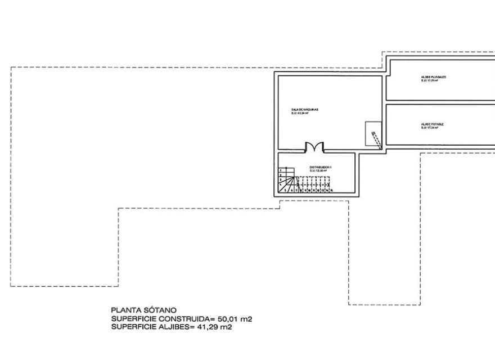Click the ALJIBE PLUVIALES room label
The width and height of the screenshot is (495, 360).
[433, 76]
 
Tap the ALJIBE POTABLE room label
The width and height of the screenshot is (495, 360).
[431, 124]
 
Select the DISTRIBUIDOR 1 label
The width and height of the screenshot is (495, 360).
[321, 167]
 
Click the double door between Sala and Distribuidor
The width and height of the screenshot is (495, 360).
[314, 148]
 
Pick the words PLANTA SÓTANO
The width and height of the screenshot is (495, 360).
[144, 309]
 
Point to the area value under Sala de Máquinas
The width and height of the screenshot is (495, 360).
[301, 113]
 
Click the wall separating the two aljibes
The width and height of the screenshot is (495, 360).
[439, 102]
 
